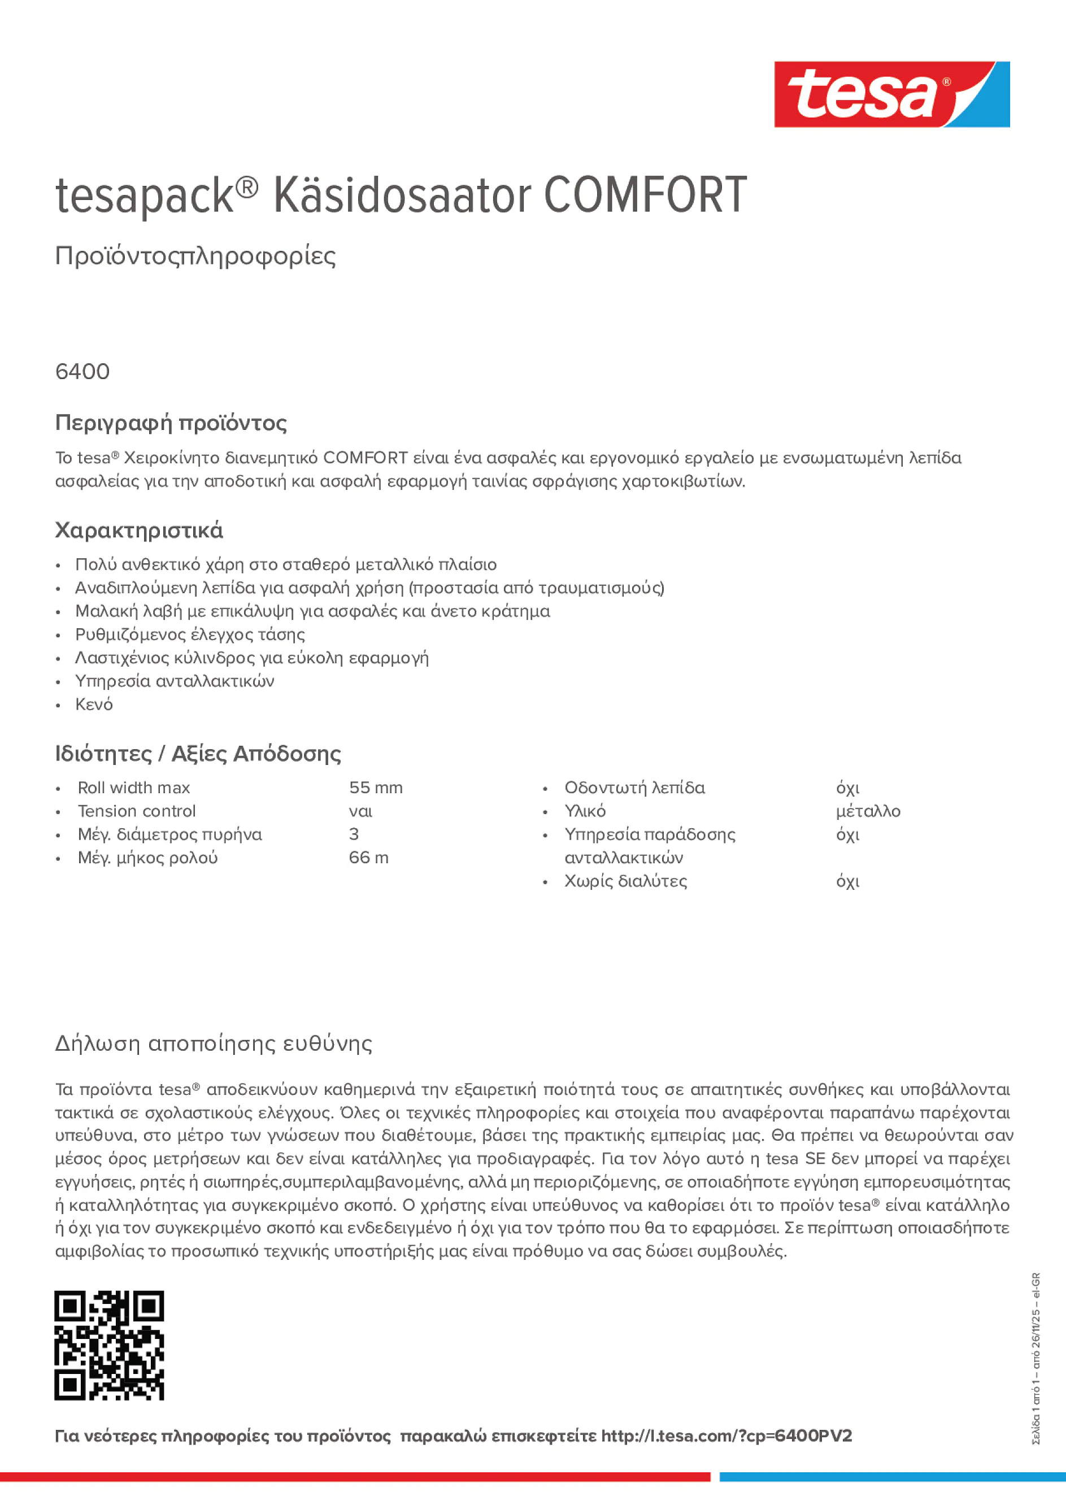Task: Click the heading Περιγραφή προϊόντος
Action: click(x=171, y=423)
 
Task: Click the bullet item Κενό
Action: click(x=94, y=704)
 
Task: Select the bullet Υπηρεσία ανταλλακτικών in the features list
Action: click(x=174, y=681)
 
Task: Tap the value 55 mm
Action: click(x=375, y=788)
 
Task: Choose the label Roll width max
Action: click(x=134, y=788)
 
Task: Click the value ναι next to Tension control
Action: click(x=360, y=811)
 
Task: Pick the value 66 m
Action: click(x=369, y=858)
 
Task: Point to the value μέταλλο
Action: click(x=868, y=811)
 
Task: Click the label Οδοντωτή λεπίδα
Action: click(x=634, y=788)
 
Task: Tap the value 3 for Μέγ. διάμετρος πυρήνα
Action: click(x=354, y=834)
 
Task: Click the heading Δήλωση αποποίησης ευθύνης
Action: click(x=214, y=1043)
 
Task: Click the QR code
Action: click(x=109, y=1345)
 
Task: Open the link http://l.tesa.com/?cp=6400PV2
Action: click(x=726, y=1436)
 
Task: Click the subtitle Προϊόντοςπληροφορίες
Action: click(x=195, y=256)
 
